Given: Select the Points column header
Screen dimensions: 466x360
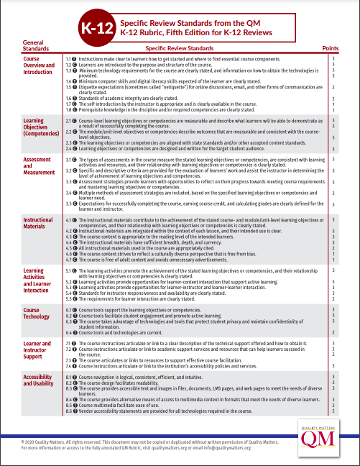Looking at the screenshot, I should (332, 47).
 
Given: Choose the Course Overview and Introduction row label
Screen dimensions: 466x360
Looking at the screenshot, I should (38, 67).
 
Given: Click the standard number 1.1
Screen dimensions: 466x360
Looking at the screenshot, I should (69, 57).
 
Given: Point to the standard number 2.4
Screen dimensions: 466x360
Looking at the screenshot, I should (69, 148).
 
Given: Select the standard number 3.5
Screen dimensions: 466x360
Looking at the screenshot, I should (69, 205).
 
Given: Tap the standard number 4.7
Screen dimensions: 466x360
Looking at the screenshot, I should (69, 258).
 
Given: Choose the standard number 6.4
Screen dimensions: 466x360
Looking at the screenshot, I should (69, 333).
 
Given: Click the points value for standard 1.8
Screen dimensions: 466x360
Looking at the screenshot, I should (333, 110).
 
